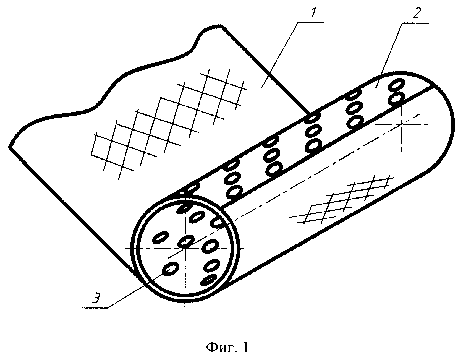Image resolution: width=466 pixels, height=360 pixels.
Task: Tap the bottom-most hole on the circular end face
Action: click(x=208, y=280)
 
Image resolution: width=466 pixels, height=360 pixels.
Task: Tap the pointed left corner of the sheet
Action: click(x=10, y=147)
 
